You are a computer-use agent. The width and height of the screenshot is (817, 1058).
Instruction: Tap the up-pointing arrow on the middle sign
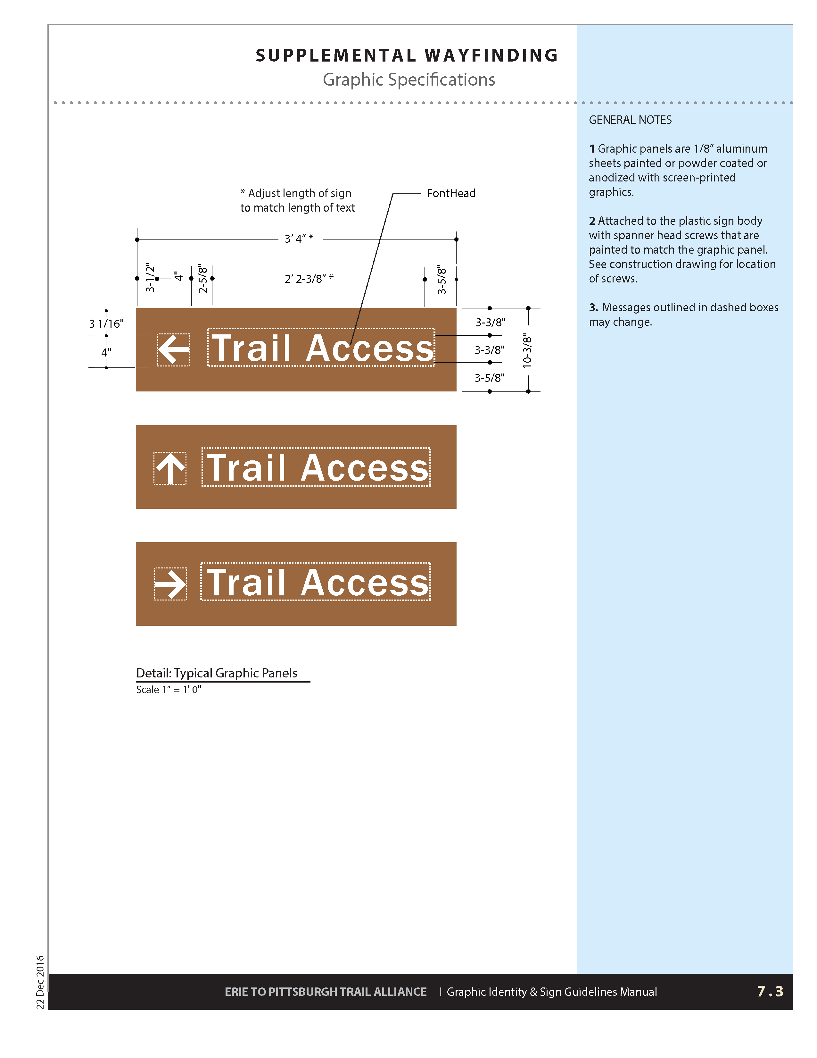coord(170,468)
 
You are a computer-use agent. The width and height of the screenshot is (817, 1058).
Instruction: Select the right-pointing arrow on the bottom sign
coord(170,584)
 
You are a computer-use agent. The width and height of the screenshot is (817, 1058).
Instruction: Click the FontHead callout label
coord(450,193)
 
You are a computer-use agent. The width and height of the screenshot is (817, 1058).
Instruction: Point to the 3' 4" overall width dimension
coord(299,239)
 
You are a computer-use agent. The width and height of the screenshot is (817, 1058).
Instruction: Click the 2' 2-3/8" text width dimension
coord(308,279)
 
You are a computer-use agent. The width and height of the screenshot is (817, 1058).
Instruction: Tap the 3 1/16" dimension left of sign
coord(106,323)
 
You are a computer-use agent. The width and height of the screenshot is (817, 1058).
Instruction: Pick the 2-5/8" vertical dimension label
coord(203,279)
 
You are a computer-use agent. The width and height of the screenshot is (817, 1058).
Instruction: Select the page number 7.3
coord(770,991)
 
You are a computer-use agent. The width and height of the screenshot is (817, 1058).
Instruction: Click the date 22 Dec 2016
coord(40,982)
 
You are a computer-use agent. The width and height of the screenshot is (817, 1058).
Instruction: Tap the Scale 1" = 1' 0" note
coord(169,689)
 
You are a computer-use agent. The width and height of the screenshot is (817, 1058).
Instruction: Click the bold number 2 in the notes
coord(592,221)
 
